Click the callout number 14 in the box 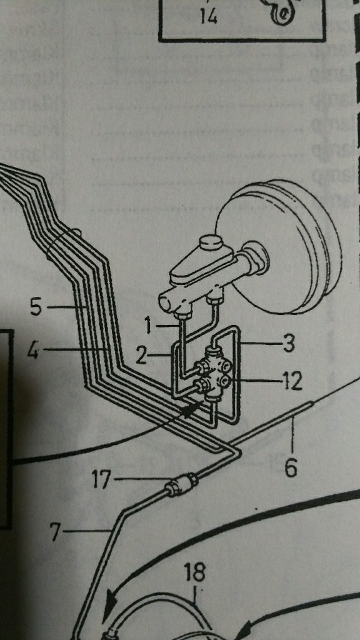[x=209, y=16]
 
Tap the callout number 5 [x=36, y=306]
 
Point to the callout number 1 [x=149, y=326]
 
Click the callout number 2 [x=141, y=356]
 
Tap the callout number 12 [x=291, y=382]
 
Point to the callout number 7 [x=55, y=531]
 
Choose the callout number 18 [x=194, y=572]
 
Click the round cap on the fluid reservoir [x=210, y=244]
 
